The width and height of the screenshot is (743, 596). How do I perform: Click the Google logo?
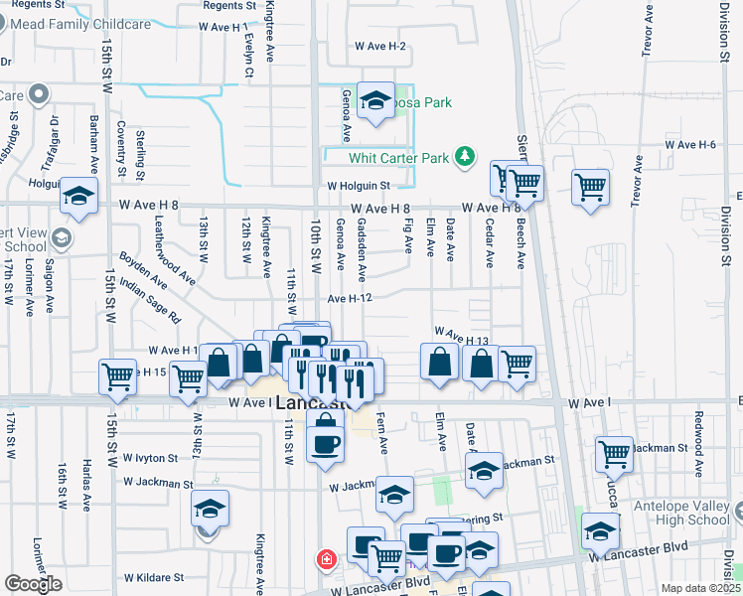(x=33, y=584)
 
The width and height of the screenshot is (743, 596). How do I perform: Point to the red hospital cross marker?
(x=324, y=560)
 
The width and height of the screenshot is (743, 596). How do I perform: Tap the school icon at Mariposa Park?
(x=376, y=101)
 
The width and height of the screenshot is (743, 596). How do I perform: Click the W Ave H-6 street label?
(x=690, y=145)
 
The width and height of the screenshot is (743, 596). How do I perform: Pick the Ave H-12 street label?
(x=350, y=298)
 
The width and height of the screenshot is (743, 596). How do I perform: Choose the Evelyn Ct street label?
(x=248, y=59)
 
